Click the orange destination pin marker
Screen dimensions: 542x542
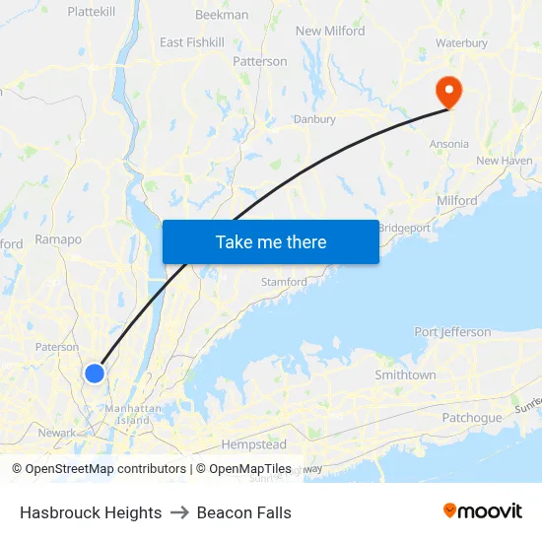(448, 92)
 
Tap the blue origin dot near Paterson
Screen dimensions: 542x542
(95, 373)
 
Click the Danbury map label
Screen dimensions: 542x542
(314, 119)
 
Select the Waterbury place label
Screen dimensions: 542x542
(461, 43)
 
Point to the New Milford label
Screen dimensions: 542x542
(330, 32)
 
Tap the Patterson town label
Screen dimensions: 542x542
(260, 61)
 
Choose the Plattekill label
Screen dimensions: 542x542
(94, 12)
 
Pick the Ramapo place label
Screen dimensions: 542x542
(58, 238)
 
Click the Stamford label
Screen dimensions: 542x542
(284, 282)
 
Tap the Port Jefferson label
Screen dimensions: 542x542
(452, 332)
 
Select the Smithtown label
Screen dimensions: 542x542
(405, 375)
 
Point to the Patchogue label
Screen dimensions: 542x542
(471, 418)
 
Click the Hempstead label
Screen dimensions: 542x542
(253, 445)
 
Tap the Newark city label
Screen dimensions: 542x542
(57, 433)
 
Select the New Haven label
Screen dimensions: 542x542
(504, 161)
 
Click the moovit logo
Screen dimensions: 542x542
(483, 511)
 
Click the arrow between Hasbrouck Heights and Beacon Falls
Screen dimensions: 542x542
(179, 512)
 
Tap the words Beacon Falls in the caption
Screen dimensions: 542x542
(243, 512)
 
